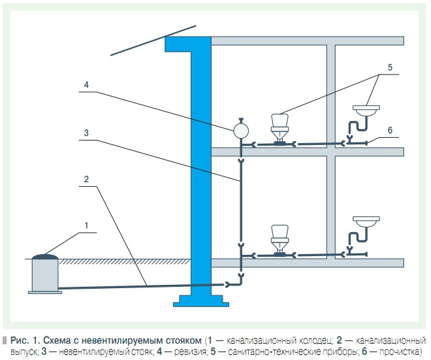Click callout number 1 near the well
pos(86,225)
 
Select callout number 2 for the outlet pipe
pos(86,178)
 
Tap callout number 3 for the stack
pos(86,132)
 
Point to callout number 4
pos(86,84)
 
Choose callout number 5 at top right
pos(389,67)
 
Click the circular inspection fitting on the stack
pos(241,131)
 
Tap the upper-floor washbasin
pos(366,109)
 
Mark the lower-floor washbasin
pos(366,221)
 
